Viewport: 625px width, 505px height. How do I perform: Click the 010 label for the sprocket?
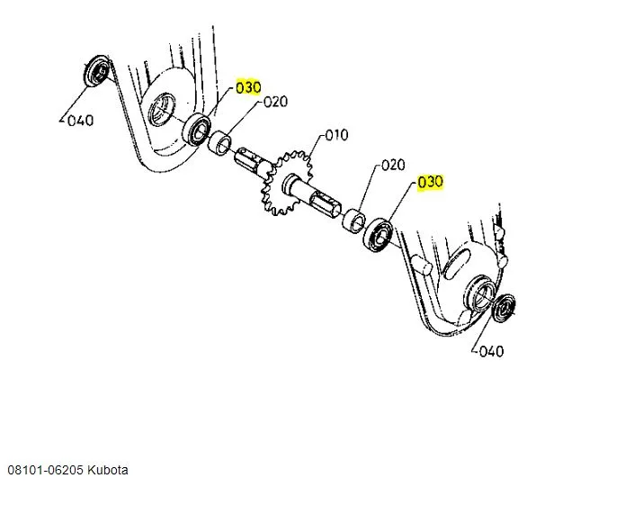coord(335,136)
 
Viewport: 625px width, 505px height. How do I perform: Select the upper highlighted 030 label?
coord(248,87)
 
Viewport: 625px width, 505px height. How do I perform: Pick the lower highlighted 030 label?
coord(430,182)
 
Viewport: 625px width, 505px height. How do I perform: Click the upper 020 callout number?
coord(275,102)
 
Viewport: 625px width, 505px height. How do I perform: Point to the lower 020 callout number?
coord(393,165)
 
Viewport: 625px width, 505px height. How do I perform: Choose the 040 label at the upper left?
coord(81,120)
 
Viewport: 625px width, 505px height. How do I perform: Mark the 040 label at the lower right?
coord(491,351)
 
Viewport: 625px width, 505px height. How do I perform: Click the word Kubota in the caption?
coord(108,471)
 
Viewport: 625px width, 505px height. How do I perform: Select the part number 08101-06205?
coord(46,471)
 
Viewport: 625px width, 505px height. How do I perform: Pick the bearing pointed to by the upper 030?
coord(197,131)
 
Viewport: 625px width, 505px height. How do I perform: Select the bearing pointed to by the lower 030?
coord(377,235)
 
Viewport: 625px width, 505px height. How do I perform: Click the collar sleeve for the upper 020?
coord(220,142)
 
